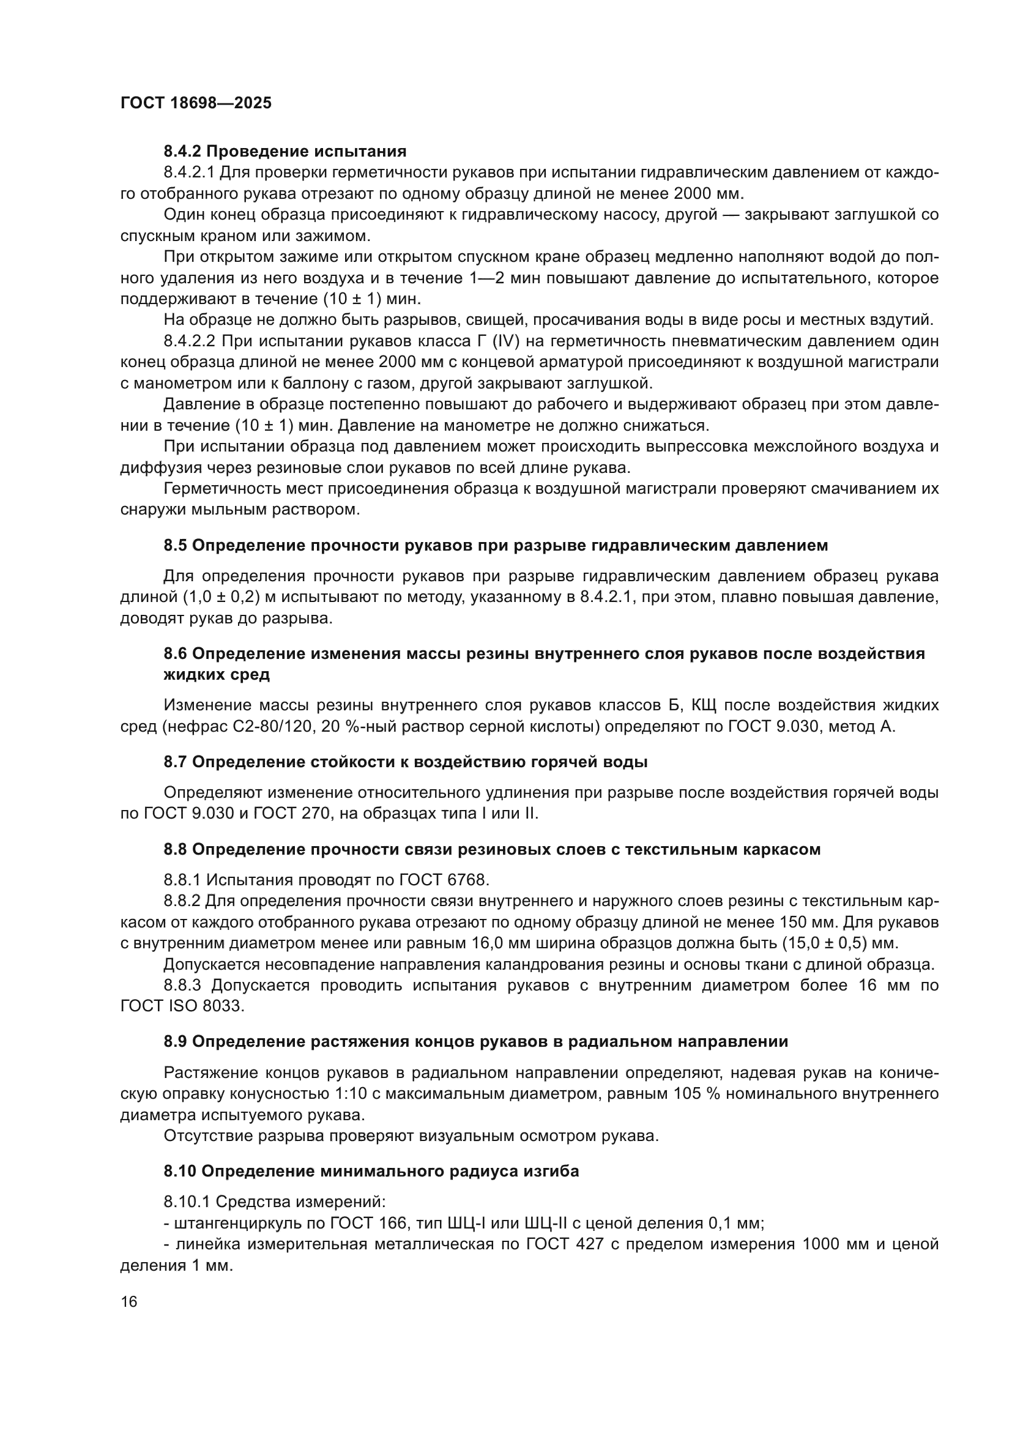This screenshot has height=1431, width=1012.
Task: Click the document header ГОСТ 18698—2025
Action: click(x=196, y=103)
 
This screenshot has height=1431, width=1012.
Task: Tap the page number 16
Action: click(x=129, y=1302)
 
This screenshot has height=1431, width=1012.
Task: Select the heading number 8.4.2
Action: click(x=182, y=152)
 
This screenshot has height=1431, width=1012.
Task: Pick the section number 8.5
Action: click(x=175, y=545)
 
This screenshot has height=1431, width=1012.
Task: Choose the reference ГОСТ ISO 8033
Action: click(x=180, y=1006)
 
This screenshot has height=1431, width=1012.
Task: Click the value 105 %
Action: click(x=699, y=1094)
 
